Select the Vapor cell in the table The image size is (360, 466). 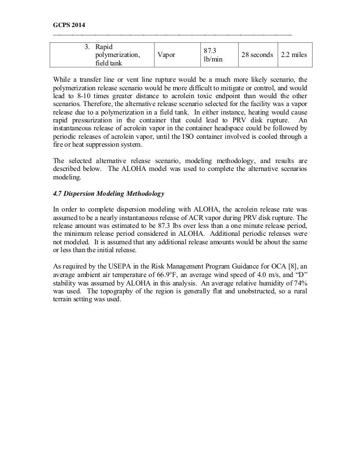pyautogui.click(x=166, y=55)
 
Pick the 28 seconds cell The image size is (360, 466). pyautogui.click(x=258, y=55)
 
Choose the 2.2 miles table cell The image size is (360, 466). pyautogui.click(x=294, y=55)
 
